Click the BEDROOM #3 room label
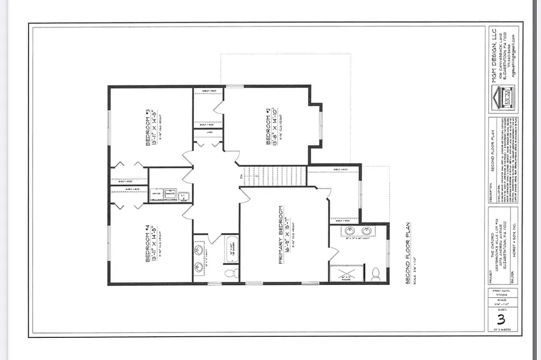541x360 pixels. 148,128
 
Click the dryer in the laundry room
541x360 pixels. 156,194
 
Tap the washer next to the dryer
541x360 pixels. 170,194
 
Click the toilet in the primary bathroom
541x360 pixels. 376,273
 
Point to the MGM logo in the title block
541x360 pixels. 501,98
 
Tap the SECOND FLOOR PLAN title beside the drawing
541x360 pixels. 408,253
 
